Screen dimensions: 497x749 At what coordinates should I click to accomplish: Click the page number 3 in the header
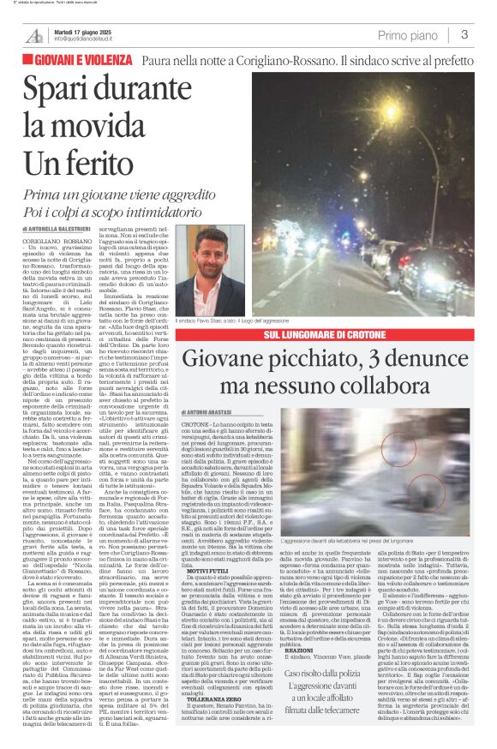pos(464,34)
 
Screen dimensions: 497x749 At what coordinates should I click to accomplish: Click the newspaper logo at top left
pos(33,35)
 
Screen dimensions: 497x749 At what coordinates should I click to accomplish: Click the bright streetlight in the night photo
pos(387,115)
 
